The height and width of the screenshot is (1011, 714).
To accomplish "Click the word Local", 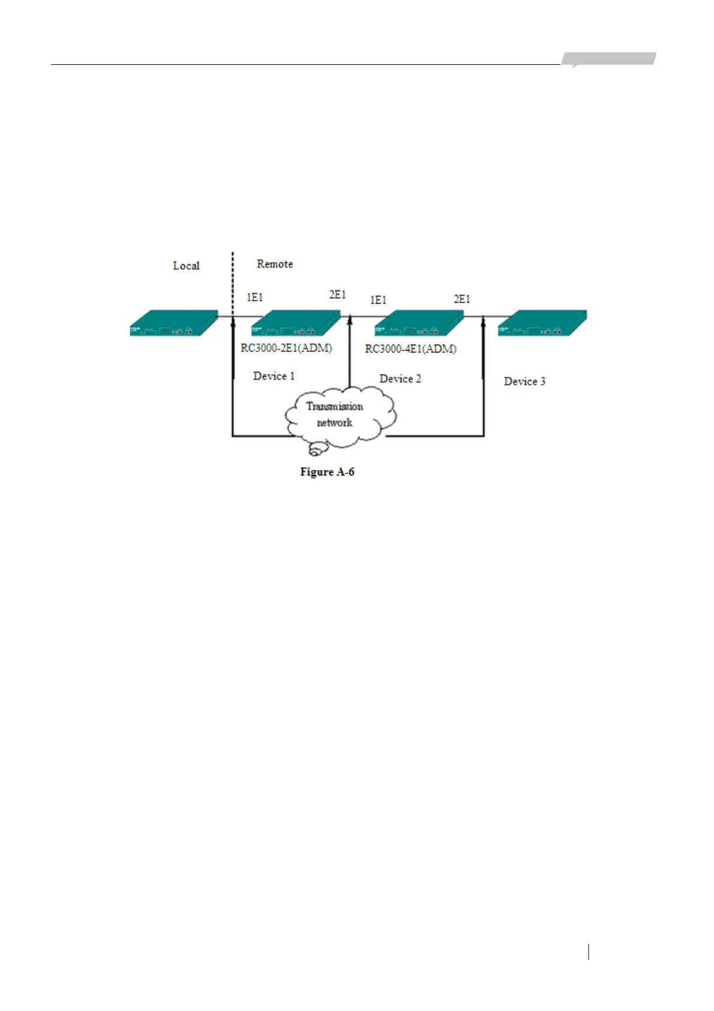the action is click(x=186, y=265).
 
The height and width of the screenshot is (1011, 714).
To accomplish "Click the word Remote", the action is click(x=275, y=264).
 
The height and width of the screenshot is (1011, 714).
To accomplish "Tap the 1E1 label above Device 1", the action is click(x=254, y=297).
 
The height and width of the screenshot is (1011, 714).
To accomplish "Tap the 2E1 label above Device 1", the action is click(x=337, y=295).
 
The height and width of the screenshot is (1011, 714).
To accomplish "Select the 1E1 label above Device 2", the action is click(x=378, y=300).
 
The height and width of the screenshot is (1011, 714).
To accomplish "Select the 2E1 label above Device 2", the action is click(x=461, y=299).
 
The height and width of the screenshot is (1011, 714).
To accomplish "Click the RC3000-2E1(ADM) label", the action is click(x=286, y=348).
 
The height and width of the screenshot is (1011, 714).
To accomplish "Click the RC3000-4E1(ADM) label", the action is click(x=410, y=349).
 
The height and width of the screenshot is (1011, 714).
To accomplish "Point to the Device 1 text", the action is click(x=274, y=376).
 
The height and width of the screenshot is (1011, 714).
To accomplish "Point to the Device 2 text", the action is click(x=400, y=379).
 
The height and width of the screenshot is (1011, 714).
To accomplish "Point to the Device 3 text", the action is click(x=524, y=382).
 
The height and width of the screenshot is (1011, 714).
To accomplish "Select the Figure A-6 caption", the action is click(x=327, y=472).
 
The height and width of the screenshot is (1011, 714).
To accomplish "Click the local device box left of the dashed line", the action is click(x=173, y=323).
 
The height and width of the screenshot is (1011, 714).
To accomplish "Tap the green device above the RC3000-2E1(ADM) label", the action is click(x=295, y=323).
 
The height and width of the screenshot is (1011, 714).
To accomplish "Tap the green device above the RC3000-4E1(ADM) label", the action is click(x=418, y=323).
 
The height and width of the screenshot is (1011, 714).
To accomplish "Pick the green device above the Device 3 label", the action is click(x=542, y=323).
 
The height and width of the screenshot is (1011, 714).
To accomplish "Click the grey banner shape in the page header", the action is click(x=608, y=59).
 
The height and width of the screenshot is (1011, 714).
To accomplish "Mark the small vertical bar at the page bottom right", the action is click(x=589, y=952).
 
